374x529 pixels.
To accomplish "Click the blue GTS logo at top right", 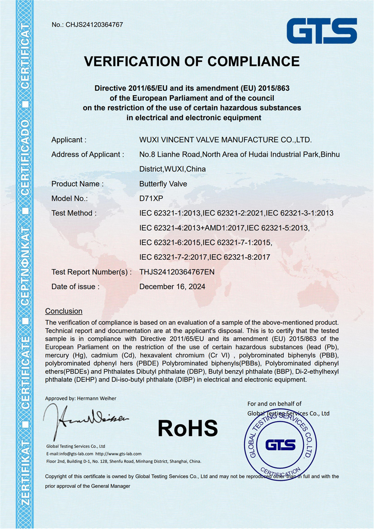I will (x=322, y=31).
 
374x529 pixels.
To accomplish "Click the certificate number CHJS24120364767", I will (x=94, y=25).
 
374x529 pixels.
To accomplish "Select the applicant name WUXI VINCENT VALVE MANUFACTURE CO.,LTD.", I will (x=225, y=140).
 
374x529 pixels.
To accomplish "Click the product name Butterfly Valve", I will (x=163, y=184).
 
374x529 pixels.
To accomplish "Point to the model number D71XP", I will (x=151, y=198).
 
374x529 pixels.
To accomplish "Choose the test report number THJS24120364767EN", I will (x=177, y=272).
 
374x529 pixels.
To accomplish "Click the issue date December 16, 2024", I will (x=172, y=287).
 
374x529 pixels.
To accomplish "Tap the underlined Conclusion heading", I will (x=64, y=311).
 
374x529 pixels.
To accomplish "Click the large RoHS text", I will (x=188, y=428).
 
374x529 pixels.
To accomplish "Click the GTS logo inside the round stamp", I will (x=280, y=445).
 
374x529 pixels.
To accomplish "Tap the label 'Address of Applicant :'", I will (x=88, y=155).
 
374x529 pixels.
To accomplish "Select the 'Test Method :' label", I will (x=74, y=213).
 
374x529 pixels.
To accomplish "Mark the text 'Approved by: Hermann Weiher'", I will (x=80, y=398).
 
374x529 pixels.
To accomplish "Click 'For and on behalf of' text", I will (x=274, y=404).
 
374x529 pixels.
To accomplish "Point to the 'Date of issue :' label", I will (x=75, y=287).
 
